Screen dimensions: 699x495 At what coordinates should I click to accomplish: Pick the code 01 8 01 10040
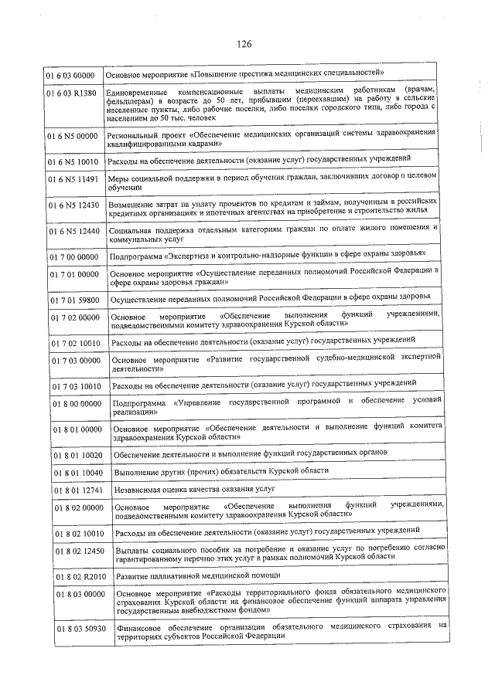pyautogui.click(x=77, y=471)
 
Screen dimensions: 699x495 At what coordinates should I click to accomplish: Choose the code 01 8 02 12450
pyautogui.click(x=77, y=551)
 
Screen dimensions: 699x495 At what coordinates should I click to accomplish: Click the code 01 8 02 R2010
pyautogui.click(x=78, y=576)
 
